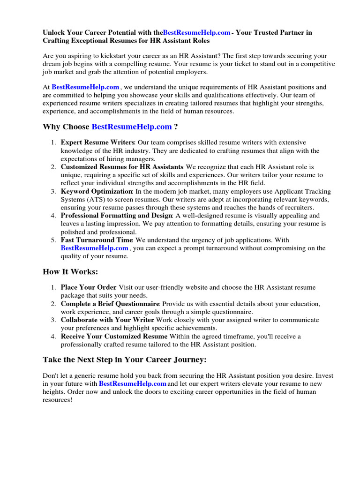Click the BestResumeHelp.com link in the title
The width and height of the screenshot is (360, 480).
197,33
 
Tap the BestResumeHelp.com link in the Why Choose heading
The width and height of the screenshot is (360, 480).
132,127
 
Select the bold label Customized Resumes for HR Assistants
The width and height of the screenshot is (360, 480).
122,167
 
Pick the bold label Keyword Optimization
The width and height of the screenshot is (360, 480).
97,191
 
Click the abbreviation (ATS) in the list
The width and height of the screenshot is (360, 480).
97,199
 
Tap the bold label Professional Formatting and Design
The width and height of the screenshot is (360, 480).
117,216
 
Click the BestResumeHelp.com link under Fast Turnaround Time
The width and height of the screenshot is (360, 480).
94,248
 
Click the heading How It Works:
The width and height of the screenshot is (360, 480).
70,272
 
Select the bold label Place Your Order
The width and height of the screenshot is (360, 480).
89,287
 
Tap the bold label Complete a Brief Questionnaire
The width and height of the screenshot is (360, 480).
110,304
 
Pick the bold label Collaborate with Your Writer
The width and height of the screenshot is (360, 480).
108,320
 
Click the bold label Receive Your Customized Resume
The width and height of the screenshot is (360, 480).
114,337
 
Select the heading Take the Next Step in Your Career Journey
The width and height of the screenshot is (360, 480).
124,360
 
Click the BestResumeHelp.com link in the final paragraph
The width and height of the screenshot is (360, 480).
133,383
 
